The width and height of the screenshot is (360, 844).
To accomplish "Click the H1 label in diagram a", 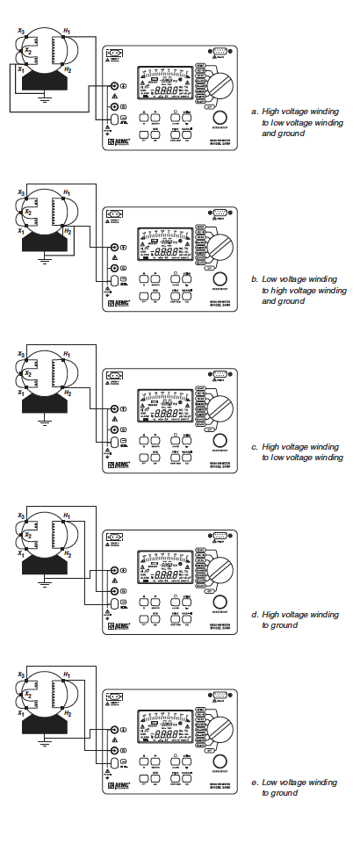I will pyautogui.click(x=67, y=31).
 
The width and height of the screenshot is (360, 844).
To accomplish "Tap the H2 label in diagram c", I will pyautogui.click(x=68, y=391).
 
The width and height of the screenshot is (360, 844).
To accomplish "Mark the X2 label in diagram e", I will pyautogui.click(x=27, y=695).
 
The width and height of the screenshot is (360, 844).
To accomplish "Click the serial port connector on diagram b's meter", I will pyautogui.click(x=219, y=213).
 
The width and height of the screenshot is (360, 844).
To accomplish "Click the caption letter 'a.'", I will pyautogui.click(x=255, y=112).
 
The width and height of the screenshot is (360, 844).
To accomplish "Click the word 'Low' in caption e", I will pyautogui.click(x=270, y=783).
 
